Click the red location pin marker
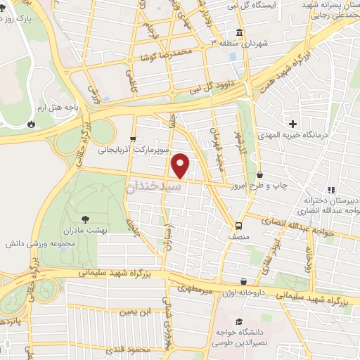181,165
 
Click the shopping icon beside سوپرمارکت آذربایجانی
133,139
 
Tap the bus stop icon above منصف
238,226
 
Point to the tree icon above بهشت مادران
85,219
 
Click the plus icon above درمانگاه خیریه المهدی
283,124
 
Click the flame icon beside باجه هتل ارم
31,123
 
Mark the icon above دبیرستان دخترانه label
331,189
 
